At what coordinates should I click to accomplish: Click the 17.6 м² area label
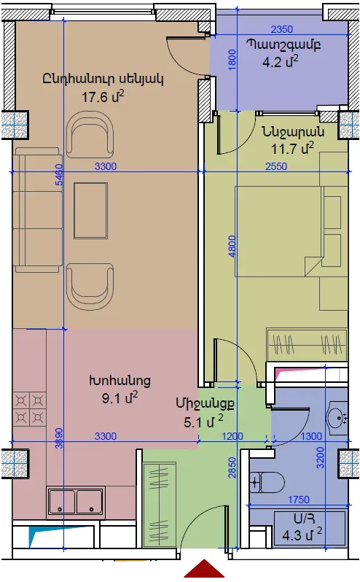click(103, 97)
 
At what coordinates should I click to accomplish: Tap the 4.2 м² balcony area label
click(281, 61)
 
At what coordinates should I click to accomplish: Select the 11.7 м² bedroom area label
click(292, 149)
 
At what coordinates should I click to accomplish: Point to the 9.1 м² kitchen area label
click(120, 398)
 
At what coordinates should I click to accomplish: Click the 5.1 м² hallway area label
click(203, 422)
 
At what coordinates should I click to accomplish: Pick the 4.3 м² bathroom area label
click(302, 535)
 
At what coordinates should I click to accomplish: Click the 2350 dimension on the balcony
click(282, 29)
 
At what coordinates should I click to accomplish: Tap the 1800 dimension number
click(232, 60)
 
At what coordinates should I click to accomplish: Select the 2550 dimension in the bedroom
click(276, 166)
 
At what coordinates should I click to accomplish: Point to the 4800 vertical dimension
click(232, 246)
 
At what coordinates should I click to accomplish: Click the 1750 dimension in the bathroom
click(299, 500)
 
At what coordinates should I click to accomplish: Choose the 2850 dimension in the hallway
click(232, 467)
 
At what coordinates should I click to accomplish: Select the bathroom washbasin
click(337, 418)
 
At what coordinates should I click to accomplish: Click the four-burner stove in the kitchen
click(30, 409)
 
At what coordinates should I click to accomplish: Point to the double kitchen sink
click(76, 502)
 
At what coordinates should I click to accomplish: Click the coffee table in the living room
click(91, 210)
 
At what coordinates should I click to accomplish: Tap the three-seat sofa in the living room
click(37, 210)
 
